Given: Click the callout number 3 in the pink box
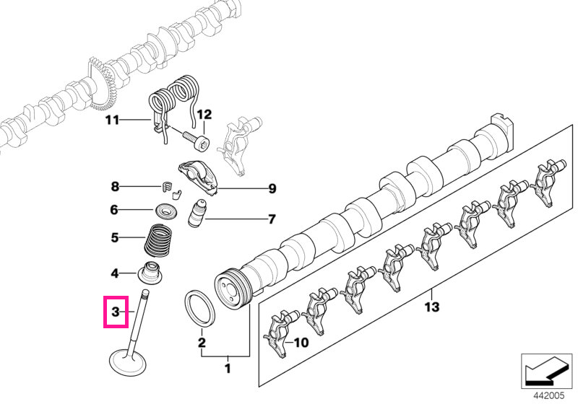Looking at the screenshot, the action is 116,312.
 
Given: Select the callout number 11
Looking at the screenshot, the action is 112,120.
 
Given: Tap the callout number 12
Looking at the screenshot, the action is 204,115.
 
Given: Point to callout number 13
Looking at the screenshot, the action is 432,307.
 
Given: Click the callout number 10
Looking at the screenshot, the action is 301,343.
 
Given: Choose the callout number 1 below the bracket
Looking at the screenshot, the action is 228,368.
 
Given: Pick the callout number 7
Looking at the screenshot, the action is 272,219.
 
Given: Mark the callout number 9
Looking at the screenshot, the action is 272,189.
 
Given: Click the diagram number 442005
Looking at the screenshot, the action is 549,395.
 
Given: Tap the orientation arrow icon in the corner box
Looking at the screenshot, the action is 544,371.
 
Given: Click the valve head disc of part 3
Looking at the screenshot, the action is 128,363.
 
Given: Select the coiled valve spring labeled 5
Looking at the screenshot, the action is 158,241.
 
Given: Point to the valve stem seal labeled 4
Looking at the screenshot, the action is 150,273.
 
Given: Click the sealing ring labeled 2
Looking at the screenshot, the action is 199,308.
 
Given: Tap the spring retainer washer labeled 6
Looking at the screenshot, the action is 165,211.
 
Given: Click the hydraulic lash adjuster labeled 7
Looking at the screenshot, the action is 197,214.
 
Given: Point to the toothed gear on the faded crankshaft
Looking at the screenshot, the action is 101,85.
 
